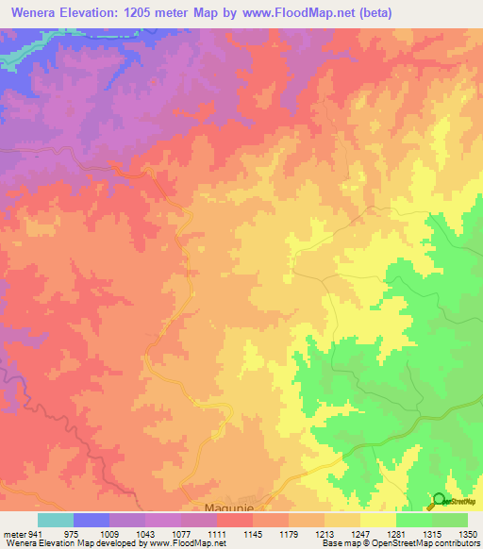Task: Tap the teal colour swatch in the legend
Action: click(x=56, y=519)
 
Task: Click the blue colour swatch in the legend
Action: click(x=92, y=519)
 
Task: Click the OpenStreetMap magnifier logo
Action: click(x=439, y=501)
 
